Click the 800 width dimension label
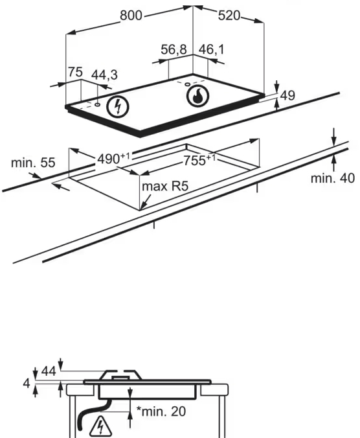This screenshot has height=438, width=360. tap(131, 16)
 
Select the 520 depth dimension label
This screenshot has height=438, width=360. tap(229, 16)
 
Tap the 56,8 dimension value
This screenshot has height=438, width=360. tap(174, 50)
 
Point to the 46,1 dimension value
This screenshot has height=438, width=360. tap(211, 49)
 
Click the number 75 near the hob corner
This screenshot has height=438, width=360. tap(75, 72)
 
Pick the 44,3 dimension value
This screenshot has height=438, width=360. tap(105, 75)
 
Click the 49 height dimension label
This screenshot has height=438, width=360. tap(287, 95)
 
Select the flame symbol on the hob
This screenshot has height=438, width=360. tap(197, 96)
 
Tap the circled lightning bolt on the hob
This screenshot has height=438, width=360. tap(118, 107)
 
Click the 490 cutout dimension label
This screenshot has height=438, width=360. tap(113, 159)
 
